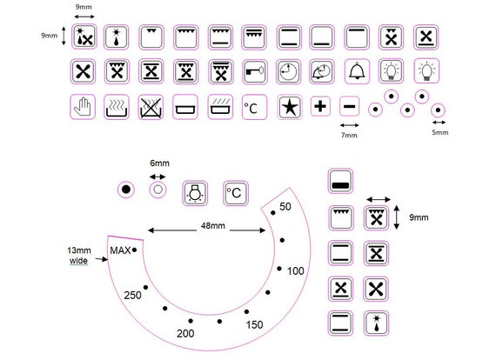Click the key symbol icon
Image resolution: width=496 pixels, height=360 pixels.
pos(255,71)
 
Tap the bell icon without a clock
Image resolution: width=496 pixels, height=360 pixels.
pos(357,71)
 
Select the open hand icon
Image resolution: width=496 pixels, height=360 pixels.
pos(83,107)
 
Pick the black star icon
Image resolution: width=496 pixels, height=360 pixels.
pos(290,107)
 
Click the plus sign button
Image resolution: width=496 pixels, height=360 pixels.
pos(320,106)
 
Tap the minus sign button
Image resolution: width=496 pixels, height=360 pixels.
pos(349,106)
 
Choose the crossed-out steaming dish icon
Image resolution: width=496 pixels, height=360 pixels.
pos(151,107)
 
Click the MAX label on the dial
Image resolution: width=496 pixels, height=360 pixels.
pos(120,250)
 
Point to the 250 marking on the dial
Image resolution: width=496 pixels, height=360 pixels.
pos(132,295)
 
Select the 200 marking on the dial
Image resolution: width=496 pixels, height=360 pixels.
pos(185,333)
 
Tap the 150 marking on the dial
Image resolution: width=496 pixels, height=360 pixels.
pos(254,324)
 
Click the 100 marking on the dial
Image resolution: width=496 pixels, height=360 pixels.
pos(296,270)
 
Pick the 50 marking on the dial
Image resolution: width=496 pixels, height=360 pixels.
pos(285,207)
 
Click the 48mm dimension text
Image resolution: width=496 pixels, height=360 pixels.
pos(213,226)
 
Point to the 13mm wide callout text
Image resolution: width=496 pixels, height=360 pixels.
pos(79,256)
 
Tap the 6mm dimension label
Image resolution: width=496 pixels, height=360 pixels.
pos(159,163)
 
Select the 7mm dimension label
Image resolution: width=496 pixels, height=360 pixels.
pos(349,135)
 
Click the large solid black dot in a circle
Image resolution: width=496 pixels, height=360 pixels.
pos(126,190)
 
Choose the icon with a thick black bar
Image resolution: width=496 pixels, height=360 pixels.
pos(340,181)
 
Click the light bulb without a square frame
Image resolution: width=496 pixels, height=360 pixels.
pos(426,71)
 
